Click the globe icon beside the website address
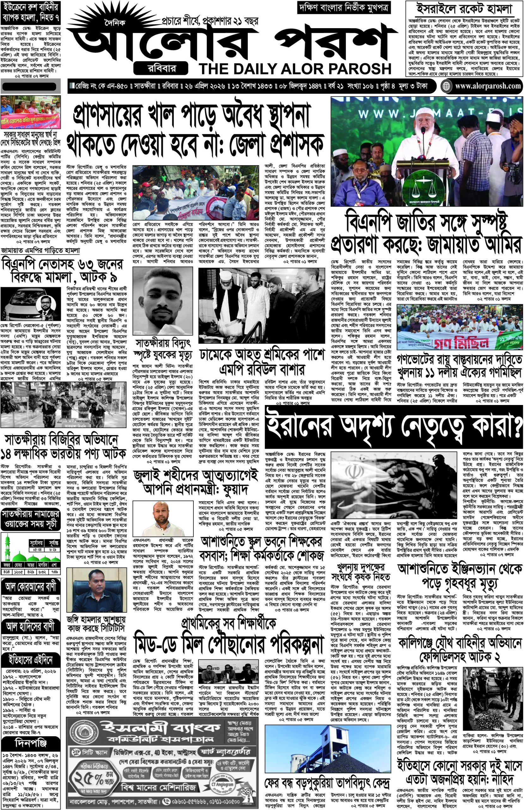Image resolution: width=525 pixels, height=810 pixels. (446, 86)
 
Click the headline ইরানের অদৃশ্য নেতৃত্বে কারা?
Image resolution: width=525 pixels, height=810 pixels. (394, 427)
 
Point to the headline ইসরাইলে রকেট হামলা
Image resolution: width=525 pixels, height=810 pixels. (465, 10)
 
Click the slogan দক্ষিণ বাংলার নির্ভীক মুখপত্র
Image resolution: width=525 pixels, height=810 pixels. (344, 7)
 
